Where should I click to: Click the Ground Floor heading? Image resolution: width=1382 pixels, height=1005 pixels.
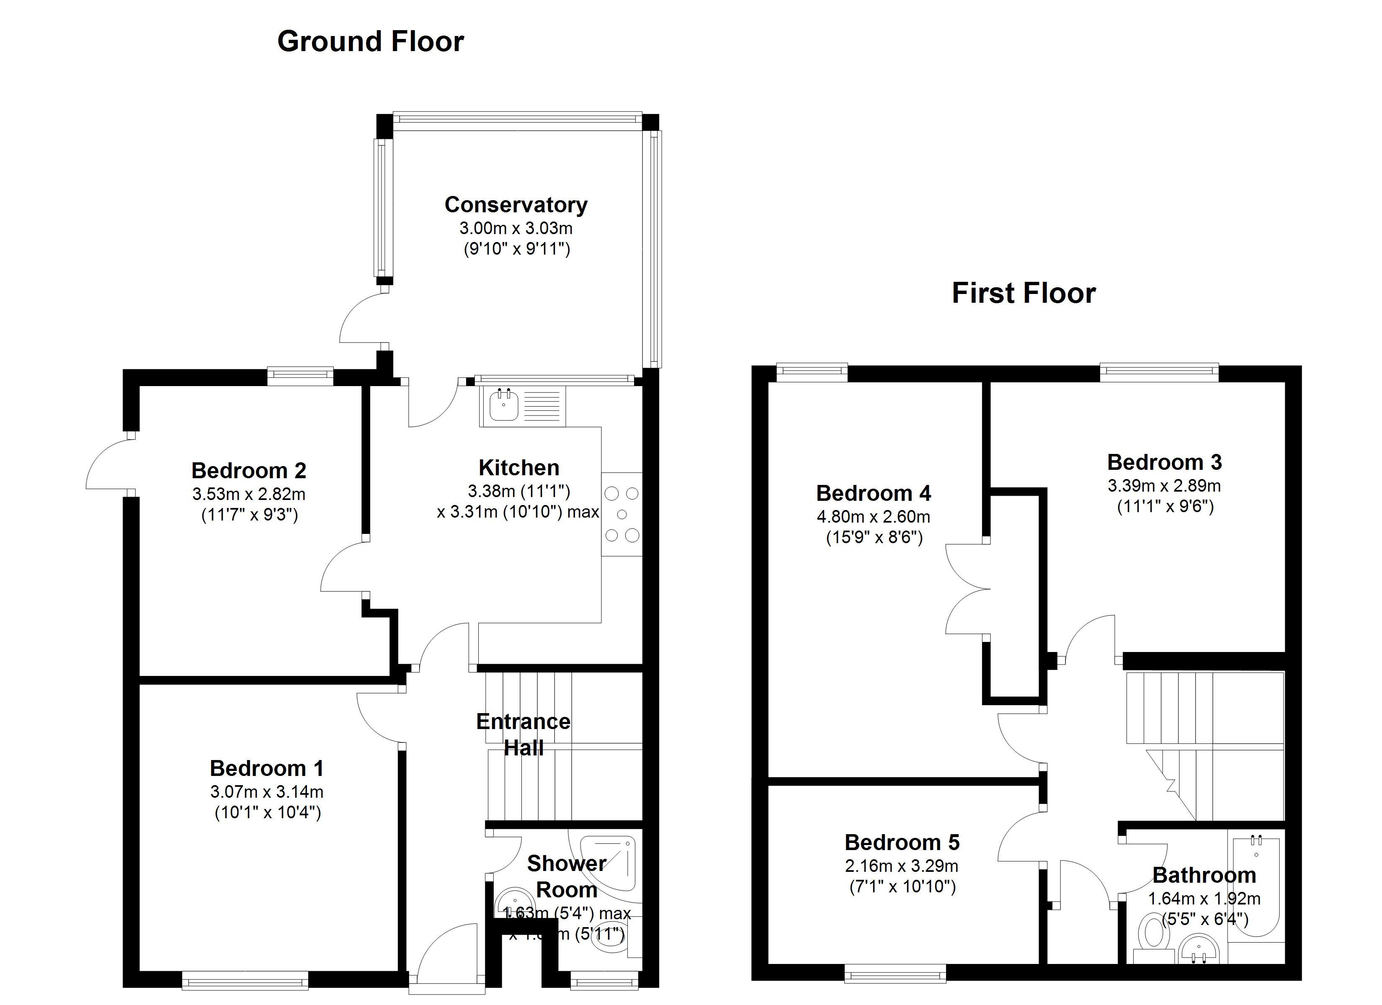(371, 42)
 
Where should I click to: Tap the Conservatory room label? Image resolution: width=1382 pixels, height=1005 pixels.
(516, 205)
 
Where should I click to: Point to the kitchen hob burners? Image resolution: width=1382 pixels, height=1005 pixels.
(621, 514)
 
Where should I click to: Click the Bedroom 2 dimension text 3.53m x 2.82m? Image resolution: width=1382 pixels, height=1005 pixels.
(249, 494)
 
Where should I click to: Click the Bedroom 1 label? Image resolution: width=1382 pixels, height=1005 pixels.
(266, 768)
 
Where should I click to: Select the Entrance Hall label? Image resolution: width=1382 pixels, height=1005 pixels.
(523, 734)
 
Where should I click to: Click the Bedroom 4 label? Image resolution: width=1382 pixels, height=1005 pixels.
(873, 493)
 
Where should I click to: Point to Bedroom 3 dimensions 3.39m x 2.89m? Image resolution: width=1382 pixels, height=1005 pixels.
(1164, 486)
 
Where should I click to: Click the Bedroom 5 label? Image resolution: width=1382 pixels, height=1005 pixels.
(902, 842)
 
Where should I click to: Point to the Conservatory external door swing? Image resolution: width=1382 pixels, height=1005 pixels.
(363, 320)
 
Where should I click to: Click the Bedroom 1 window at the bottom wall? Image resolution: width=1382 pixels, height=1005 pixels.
(245, 981)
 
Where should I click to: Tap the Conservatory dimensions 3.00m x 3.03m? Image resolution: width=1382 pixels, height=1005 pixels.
(516, 229)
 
